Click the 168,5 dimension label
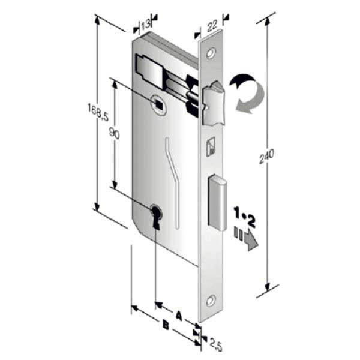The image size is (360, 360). pos(98,112)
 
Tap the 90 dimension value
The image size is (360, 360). pos(115,133)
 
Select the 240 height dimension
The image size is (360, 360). pos(266,156)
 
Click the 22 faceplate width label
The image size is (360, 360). pos(212,26)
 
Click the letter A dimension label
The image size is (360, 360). pos(179,316)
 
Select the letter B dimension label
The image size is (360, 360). pos(166,325)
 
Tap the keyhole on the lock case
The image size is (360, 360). pos(156,217)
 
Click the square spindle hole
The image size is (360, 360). pos(158,104)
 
